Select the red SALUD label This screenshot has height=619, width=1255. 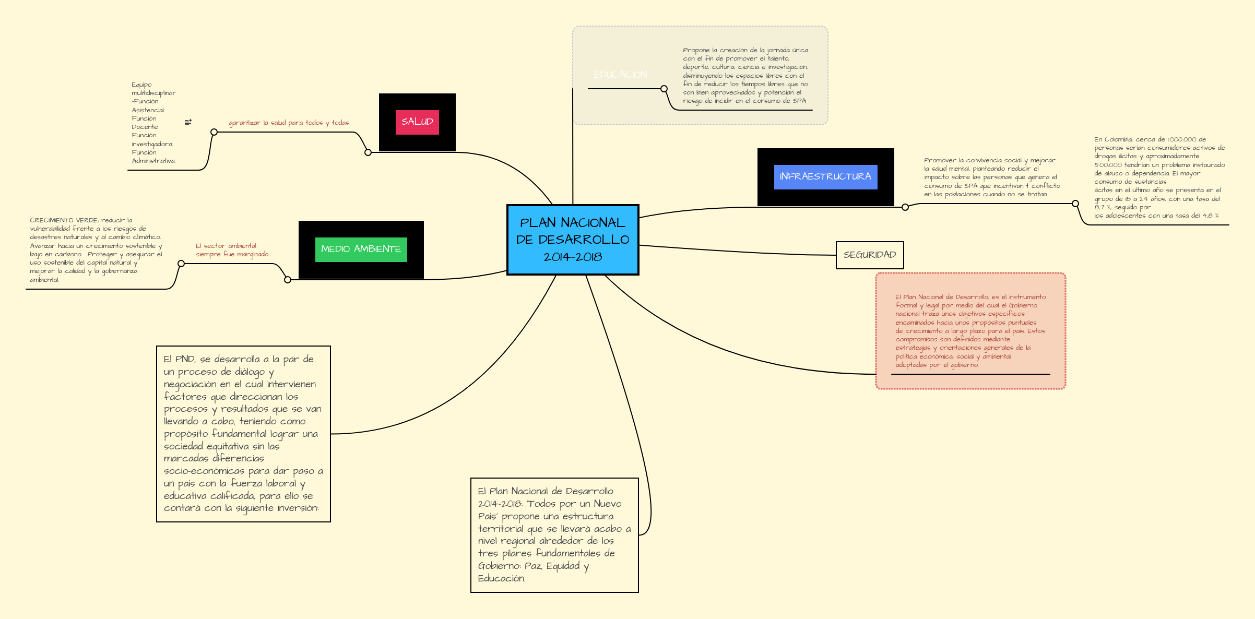[x=417, y=122]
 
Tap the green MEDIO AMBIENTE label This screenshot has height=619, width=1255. [x=361, y=249]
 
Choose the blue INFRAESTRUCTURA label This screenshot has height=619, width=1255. [x=825, y=177]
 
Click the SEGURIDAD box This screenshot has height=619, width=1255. [x=870, y=255]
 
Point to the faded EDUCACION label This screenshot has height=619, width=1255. [x=620, y=75]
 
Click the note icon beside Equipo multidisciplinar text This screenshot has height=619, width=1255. [x=188, y=122]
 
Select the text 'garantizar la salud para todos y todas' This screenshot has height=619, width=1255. [x=289, y=123]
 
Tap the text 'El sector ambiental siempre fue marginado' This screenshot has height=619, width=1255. [x=232, y=250]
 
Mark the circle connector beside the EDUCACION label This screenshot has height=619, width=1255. [x=664, y=89]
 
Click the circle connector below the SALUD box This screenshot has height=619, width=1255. [x=368, y=152]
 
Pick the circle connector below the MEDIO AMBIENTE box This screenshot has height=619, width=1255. [x=288, y=280]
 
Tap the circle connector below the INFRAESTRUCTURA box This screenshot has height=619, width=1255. [x=905, y=207]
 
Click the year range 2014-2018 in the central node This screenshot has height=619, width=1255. [x=573, y=257]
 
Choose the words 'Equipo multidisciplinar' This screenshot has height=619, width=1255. [x=153, y=89]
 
